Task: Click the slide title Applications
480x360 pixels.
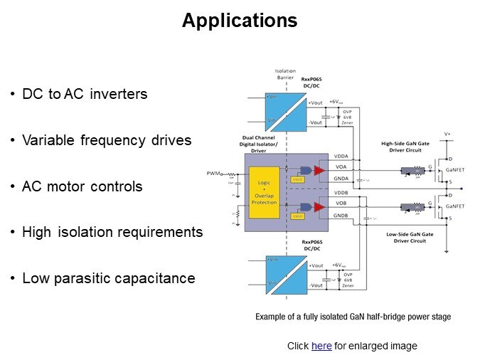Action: (x=240, y=21)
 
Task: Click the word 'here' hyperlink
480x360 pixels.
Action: (x=321, y=346)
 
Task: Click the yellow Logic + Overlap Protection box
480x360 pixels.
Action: (x=264, y=192)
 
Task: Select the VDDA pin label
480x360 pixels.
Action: (x=341, y=157)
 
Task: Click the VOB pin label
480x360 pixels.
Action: (x=341, y=203)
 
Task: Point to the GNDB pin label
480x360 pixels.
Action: (x=341, y=215)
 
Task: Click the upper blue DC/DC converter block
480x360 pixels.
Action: (x=286, y=111)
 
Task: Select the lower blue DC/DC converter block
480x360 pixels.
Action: (x=286, y=275)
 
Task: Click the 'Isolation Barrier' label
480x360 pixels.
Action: (x=284, y=75)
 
